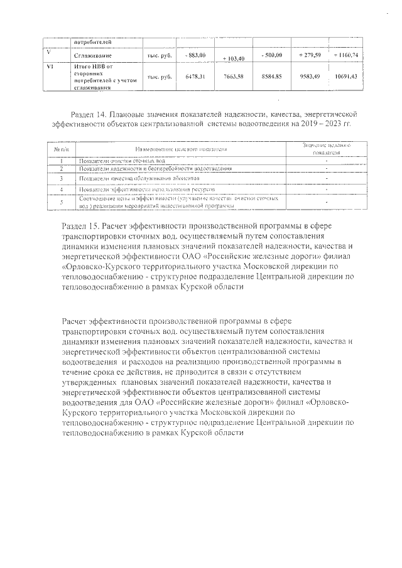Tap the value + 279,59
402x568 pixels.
click(x=310, y=55)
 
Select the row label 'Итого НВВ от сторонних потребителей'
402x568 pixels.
click(x=94, y=77)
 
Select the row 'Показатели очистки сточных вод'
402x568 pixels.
click(x=114, y=161)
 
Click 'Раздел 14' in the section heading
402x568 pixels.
click(x=86, y=115)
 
